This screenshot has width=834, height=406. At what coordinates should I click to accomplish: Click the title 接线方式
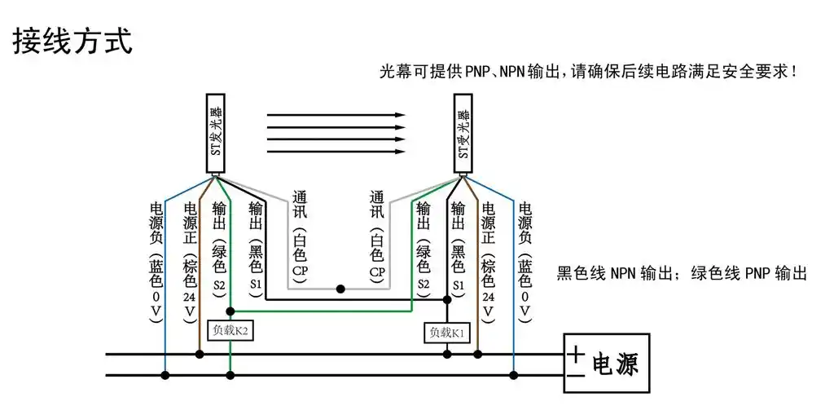(72, 42)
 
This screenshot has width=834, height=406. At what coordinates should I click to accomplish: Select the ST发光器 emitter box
(215, 135)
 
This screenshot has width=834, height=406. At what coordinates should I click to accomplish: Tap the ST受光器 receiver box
(463, 135)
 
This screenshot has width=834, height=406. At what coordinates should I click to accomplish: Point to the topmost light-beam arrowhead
(400, 115)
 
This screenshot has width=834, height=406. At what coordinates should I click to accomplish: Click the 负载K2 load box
(230, 330)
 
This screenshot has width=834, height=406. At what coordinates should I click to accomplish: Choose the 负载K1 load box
(447, 332)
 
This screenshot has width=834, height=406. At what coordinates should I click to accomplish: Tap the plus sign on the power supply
(577, 354)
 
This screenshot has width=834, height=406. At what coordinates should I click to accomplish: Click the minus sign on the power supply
(577, 375)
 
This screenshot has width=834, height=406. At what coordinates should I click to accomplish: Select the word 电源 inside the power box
(614, 364)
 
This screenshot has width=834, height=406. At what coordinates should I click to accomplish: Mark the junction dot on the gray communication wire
(340, 289)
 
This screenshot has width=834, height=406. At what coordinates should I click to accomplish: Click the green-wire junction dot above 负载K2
(230, 311)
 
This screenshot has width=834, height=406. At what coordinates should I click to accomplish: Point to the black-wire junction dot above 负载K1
(447, 300)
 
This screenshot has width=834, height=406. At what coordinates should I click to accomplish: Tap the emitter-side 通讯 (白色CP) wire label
(299, 236)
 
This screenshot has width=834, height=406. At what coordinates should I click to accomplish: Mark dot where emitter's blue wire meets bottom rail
(165, 375)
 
